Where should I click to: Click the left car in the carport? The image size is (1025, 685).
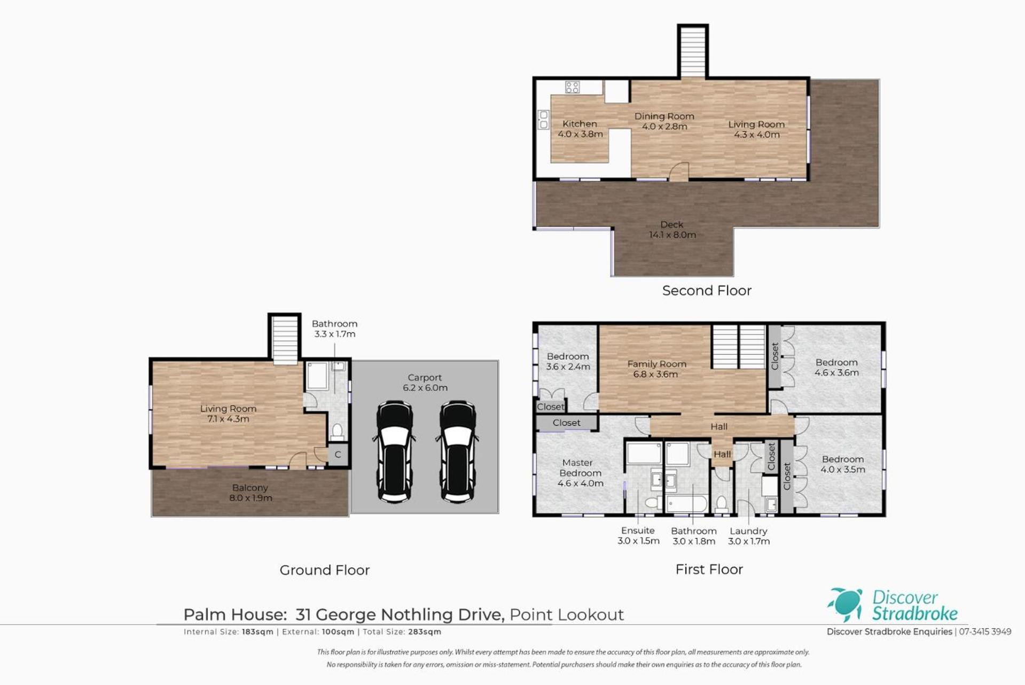pos(394,452)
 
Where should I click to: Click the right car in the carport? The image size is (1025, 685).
pos(457,452)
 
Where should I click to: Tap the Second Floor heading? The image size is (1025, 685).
pos(707,291)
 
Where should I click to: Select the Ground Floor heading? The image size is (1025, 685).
pos(324,570)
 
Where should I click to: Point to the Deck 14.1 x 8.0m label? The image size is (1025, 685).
pos(672,230)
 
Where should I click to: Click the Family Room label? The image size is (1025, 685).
pos(656,369)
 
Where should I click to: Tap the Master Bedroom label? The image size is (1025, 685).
pos(580,473)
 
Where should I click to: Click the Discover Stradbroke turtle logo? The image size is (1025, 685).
pos(845,605)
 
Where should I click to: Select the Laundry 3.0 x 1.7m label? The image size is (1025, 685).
pos(748,536)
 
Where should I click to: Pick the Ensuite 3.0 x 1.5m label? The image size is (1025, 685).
pos(638,535)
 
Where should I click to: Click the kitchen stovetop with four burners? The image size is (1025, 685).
pos(572,87)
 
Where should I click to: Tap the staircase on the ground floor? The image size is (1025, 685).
pos(285,340)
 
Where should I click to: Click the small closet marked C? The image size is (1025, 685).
pos(338,455)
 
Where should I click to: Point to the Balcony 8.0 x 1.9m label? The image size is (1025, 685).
pos(250,493)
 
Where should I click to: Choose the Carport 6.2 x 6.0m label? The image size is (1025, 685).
pos(425,383)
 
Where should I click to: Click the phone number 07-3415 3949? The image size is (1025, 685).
pos(985,632)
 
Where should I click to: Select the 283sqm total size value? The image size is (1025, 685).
pos(425,632)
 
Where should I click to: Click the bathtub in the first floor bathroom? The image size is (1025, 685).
pos(687,503)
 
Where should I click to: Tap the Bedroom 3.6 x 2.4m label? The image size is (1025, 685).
pos(568,361)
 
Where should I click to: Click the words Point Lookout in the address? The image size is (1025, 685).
pos(566,614)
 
